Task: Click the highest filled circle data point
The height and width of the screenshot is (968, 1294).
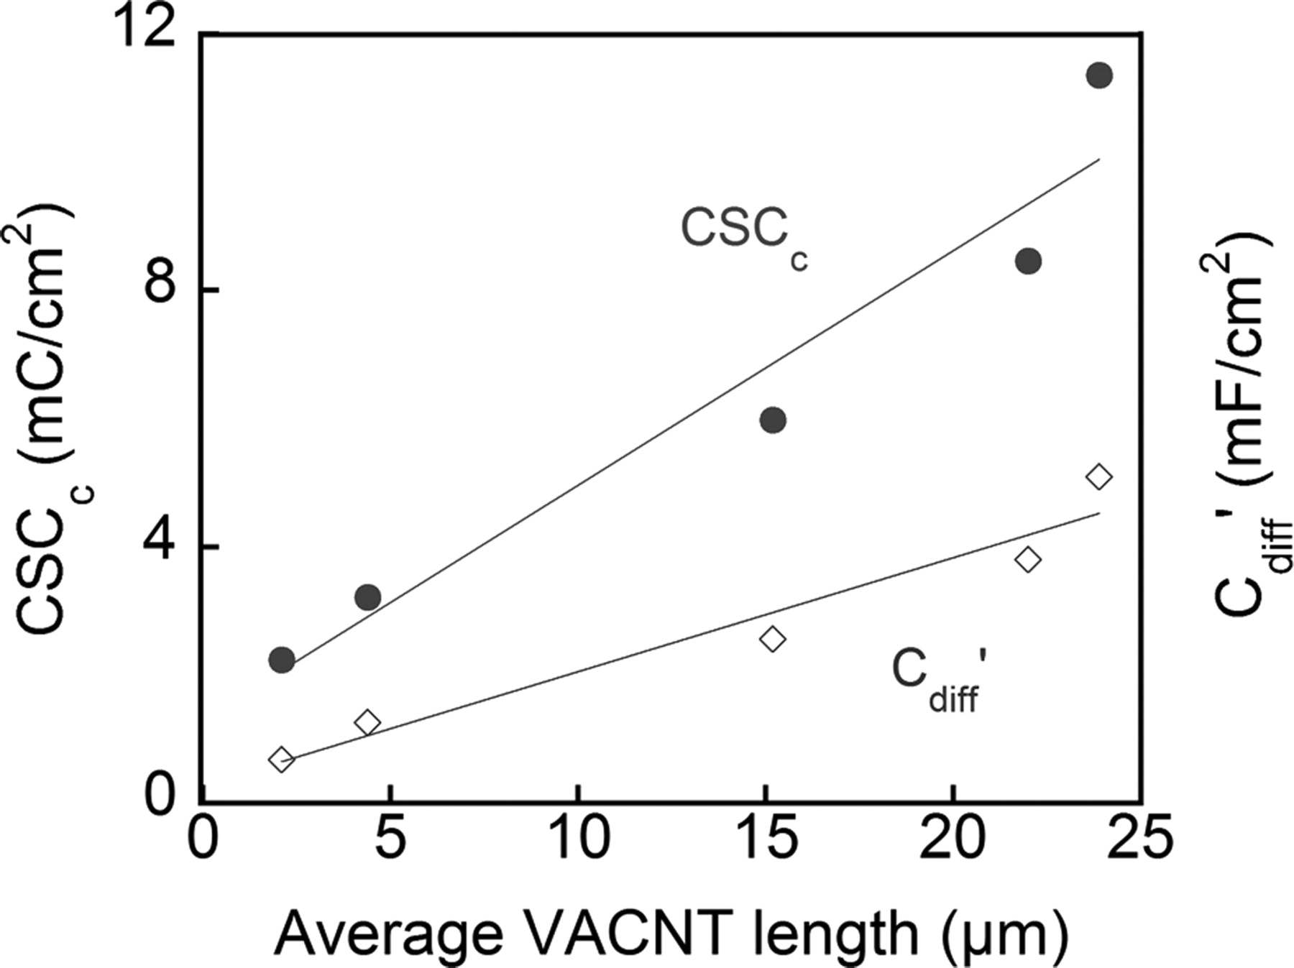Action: point(1099,75)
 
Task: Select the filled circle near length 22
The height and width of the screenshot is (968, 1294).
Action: point(1028,262)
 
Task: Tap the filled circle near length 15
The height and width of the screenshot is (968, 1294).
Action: point(773,420)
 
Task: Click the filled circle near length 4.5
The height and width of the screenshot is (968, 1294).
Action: point(367,596)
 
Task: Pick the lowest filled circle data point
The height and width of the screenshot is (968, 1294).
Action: point(281,659)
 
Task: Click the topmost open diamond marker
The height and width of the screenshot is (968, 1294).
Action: point(1099,476)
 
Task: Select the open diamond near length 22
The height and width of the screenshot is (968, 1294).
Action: point(1028,559)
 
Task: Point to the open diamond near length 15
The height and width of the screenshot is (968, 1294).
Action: point(773,638)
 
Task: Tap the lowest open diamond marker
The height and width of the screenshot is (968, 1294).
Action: point(281,759)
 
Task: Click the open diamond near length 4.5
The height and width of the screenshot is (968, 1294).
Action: point(367,722)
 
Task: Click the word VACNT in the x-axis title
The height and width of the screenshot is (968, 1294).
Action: point(633,933)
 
